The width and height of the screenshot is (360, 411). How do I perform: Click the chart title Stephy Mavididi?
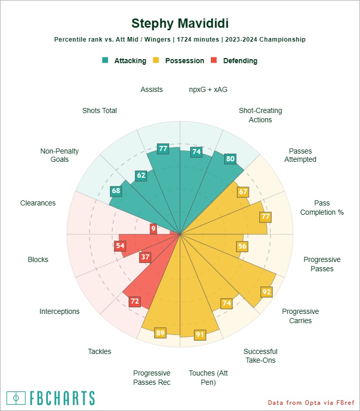tap(180, 24)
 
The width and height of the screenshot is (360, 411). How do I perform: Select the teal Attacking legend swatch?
tap(105, 60)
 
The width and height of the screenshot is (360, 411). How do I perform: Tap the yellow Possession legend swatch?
tap(156, 60)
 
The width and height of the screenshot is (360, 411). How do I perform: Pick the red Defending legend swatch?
tap(214, 60)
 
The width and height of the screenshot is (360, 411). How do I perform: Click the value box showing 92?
tap(266, 292)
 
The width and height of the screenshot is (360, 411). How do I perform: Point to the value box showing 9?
tap(153, 228)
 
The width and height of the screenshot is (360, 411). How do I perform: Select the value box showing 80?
tap(230, 159)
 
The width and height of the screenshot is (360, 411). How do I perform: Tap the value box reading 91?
tap(200, 335)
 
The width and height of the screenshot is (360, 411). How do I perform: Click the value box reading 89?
tap(160, 333)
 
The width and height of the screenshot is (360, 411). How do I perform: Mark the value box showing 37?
tap(146, 257)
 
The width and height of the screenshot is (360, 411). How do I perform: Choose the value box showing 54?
tap(120, 246)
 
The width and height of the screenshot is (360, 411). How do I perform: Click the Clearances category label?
tap(38, 203)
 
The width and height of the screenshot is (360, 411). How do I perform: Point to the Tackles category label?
tap(99, 351)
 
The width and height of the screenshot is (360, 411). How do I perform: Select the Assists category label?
tap(152, 89)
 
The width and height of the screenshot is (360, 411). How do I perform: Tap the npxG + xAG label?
tap(208, 89)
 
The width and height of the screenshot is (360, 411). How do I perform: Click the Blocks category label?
tap(38, 259)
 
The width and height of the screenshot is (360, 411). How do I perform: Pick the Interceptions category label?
tap(60, 311)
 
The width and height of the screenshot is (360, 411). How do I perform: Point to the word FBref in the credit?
tap(341, 402)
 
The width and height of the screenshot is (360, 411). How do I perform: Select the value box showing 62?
tap(141, 175)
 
